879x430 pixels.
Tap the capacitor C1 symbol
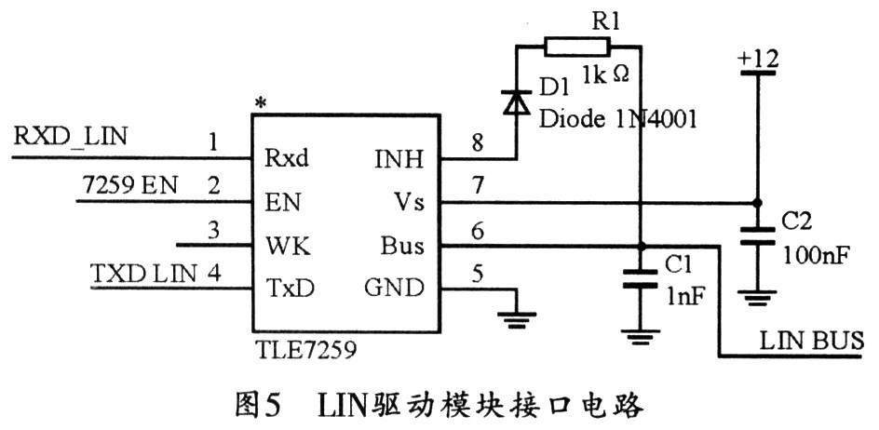pyautogui.click(x=641, y=278)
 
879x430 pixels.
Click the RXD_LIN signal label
pyautogui.click(x=71, y=137)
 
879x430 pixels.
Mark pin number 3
pyautogui.click(x=215, y=230)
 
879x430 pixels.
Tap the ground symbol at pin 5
pyautogui.click(x=515, y=318)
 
